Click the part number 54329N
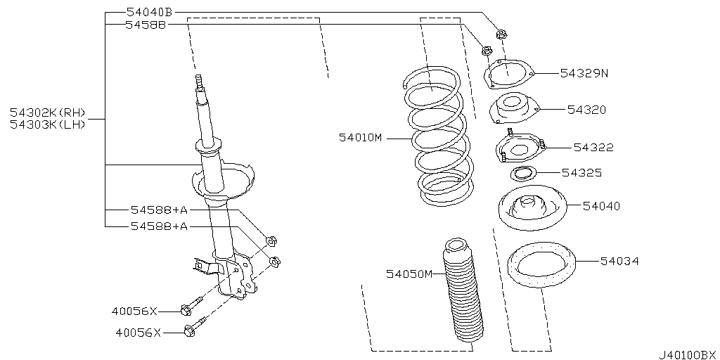point(584,73)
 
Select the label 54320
point(586,110)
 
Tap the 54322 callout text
point(593,148)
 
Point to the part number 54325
point(581,173)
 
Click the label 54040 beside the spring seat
point(602,206)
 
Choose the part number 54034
point(619,262)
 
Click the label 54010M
point(361,137)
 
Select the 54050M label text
point(409,274)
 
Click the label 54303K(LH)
point(48,124)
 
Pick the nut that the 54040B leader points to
point(501,34)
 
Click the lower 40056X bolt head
point(189,330)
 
